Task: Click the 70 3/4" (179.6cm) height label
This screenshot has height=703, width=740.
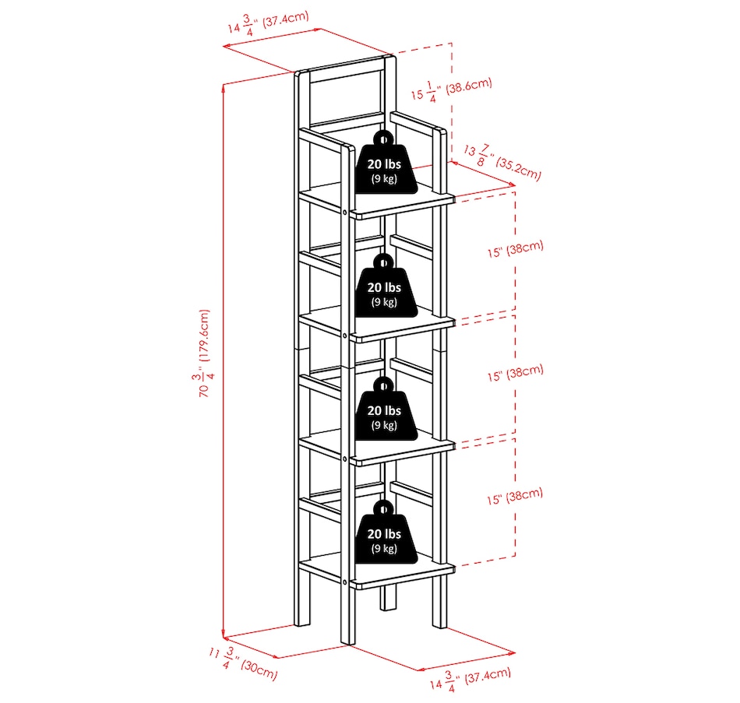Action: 204,353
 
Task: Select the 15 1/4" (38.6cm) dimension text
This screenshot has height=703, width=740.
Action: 451,90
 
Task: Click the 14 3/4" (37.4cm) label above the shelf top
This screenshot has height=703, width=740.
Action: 268,23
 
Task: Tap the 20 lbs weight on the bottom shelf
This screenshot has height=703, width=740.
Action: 385,532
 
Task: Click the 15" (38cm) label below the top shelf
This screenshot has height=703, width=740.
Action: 516,248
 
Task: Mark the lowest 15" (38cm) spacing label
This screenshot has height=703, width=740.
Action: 515,497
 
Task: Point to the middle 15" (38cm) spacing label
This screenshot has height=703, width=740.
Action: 516,373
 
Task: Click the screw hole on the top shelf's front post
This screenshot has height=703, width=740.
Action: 345,213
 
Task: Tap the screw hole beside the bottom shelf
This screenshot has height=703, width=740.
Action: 345,582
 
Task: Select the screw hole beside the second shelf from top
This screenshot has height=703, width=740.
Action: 345,336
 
